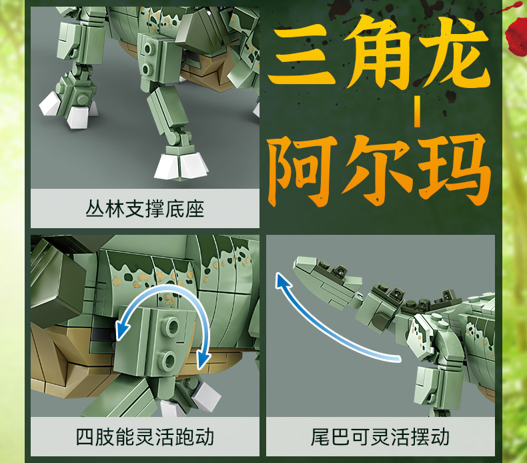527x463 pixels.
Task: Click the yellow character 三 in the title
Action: tap(302, 56)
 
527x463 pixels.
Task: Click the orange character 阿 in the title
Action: tap(302, 170)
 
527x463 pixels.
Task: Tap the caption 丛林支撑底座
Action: tap(145, 209)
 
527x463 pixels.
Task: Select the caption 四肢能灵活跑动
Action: tap(145, 437)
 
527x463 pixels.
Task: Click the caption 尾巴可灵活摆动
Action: tap(380, 437)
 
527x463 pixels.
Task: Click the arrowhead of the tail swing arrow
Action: tap(282, 280)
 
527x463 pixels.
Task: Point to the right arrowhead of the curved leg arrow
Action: tap(203, 359)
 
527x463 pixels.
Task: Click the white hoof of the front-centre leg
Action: tap(181, 166)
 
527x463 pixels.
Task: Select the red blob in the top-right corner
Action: tap(516, 35)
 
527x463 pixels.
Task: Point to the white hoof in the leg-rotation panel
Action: tap(205, 398)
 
